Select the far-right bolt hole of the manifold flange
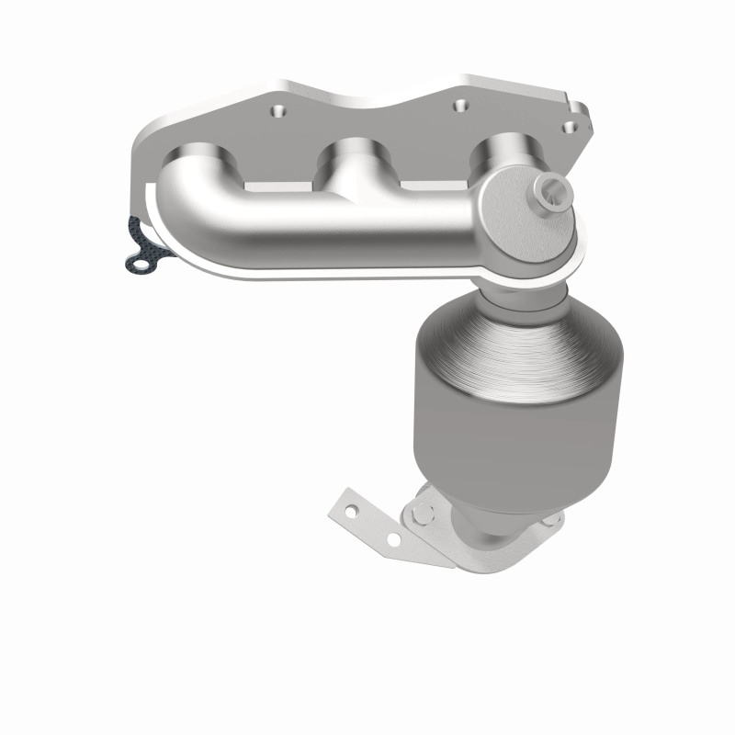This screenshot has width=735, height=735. click(x=572, y=123)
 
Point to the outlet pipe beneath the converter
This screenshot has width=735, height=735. click(x=487, y=533)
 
